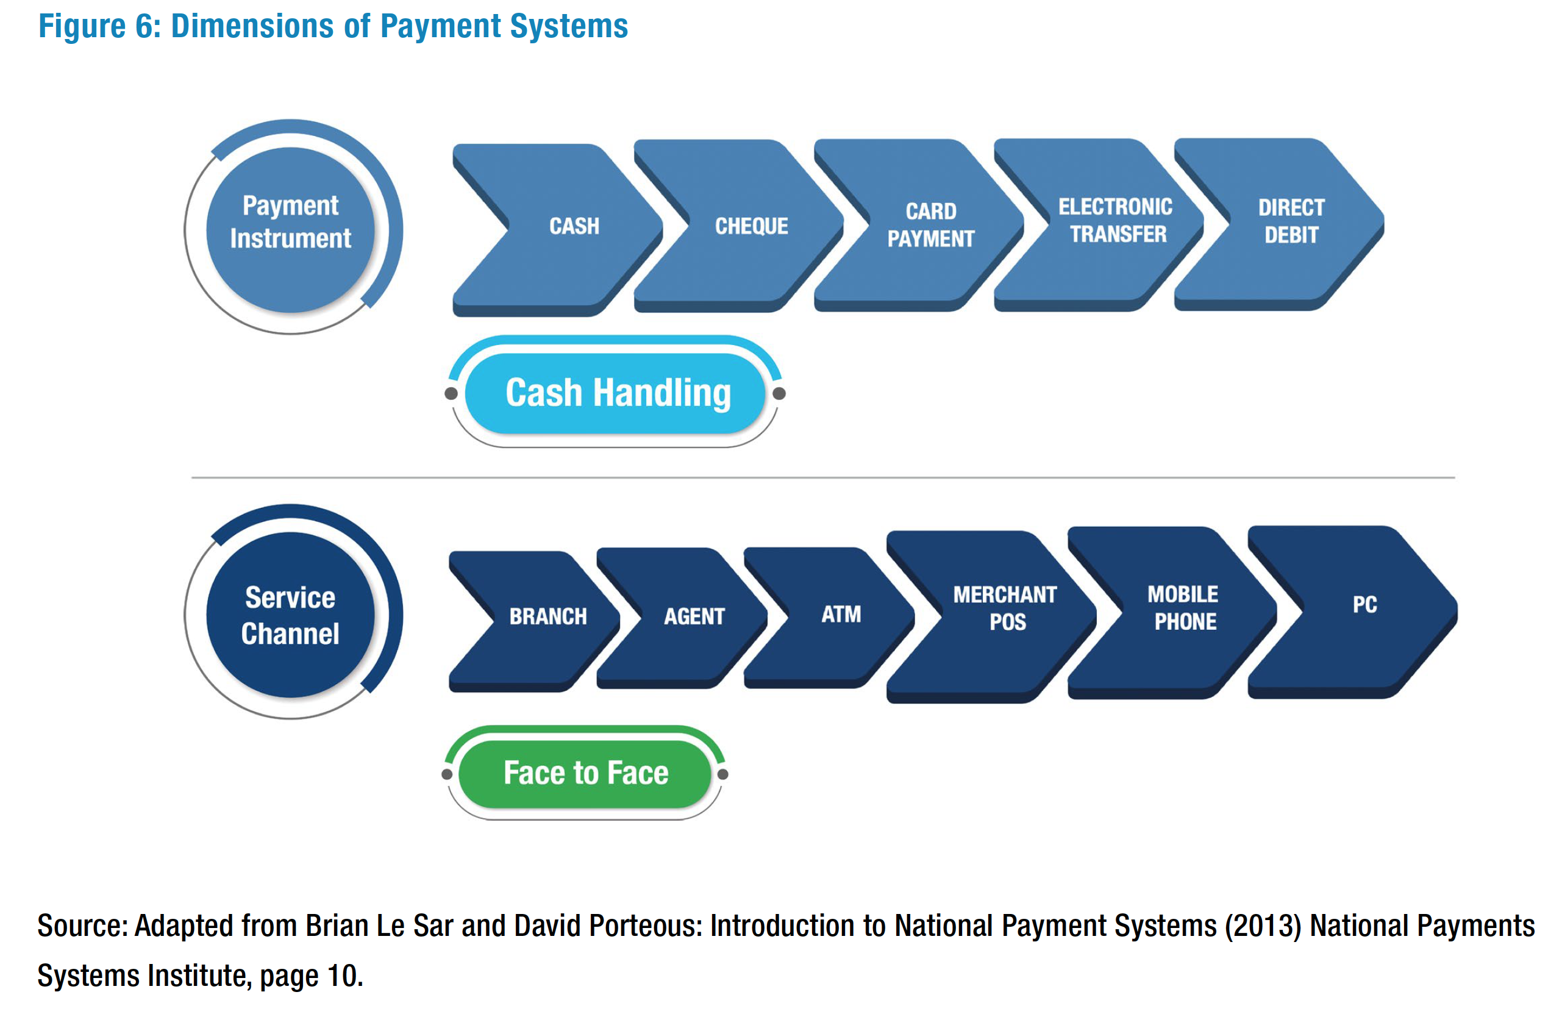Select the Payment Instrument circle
pyautogui.click(x=291, y=230)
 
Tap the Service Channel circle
pyautogui.click(x=291, y=615)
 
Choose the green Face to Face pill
pyautogui.click(x=585, y=774)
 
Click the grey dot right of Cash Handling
pyautogui.click(x=779, y=393)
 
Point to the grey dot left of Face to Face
pyautogui.click(x=448, y=774)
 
